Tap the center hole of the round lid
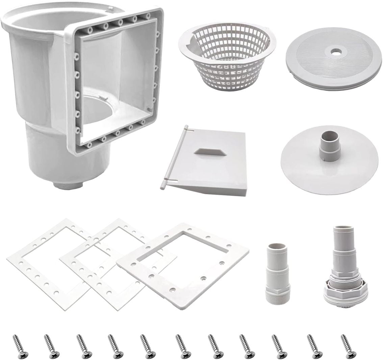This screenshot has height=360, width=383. coord(336,53)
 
